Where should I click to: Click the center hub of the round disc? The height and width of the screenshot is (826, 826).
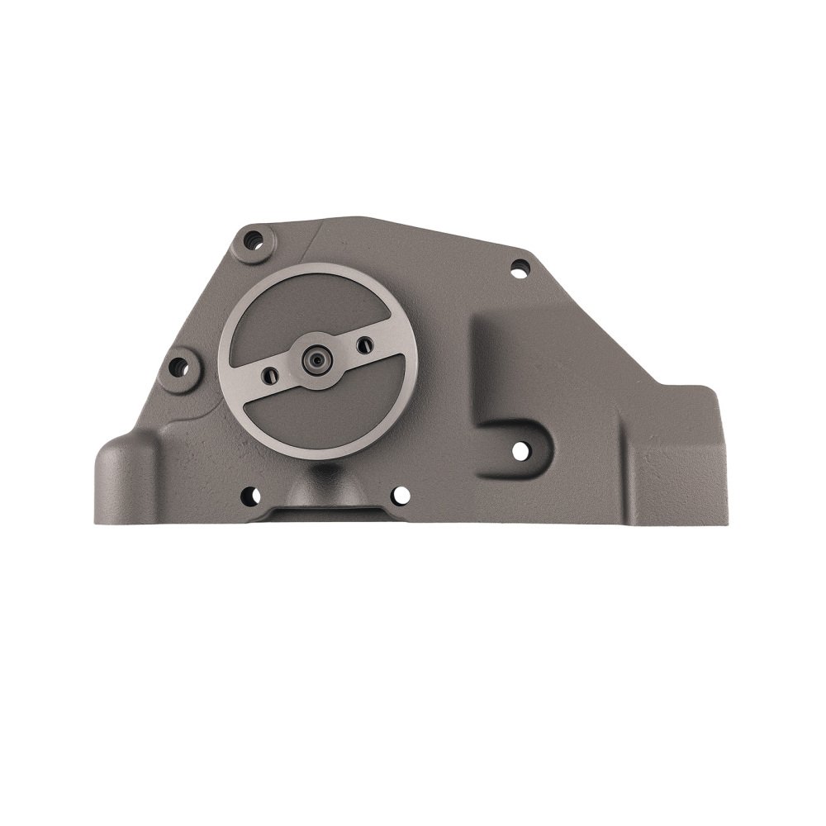point(316,359)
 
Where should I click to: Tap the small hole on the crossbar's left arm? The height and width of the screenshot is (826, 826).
point(269,376)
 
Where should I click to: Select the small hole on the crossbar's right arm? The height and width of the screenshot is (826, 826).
point(364,344)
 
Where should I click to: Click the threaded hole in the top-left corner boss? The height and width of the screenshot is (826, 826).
point(254,240)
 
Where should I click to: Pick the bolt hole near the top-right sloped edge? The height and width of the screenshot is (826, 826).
point(520,268)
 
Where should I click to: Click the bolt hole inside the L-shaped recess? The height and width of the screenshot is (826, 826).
point(520,451)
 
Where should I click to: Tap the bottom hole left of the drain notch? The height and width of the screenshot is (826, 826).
point(250,496)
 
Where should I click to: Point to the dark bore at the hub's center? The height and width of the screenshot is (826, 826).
point(316,359)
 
